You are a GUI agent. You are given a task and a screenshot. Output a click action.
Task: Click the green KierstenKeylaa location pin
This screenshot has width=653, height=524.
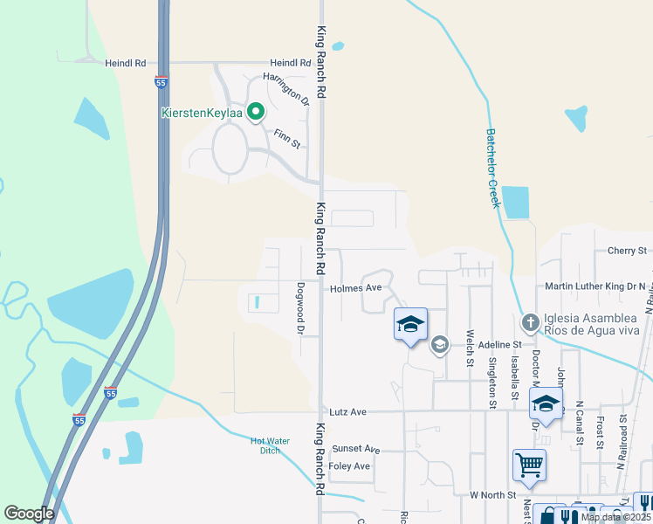pos(256,112)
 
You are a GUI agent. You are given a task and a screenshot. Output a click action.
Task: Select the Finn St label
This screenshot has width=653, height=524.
pos(286,138)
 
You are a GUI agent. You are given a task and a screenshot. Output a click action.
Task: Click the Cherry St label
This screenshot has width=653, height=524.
pos(626,251)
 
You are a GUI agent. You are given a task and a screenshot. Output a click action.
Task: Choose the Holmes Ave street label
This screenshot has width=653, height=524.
pos(356,287)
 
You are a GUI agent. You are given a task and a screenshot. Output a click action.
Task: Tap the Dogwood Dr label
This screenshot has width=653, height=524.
pos(299,307)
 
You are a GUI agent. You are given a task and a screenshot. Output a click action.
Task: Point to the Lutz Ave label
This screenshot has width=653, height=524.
pos(347,410)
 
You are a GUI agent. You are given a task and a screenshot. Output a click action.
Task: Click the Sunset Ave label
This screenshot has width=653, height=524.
pos(355,449)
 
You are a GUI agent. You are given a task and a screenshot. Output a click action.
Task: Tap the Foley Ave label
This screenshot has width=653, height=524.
pos(350,466)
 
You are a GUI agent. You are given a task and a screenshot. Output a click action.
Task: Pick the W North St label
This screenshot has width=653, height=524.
pos(492,494)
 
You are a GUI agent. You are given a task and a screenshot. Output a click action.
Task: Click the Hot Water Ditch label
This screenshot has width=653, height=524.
pos(265,445)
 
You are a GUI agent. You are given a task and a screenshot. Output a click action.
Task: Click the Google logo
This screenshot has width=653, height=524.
pos(29,514)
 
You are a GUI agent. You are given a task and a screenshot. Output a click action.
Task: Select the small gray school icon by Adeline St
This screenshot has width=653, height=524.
pos(439,344)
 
